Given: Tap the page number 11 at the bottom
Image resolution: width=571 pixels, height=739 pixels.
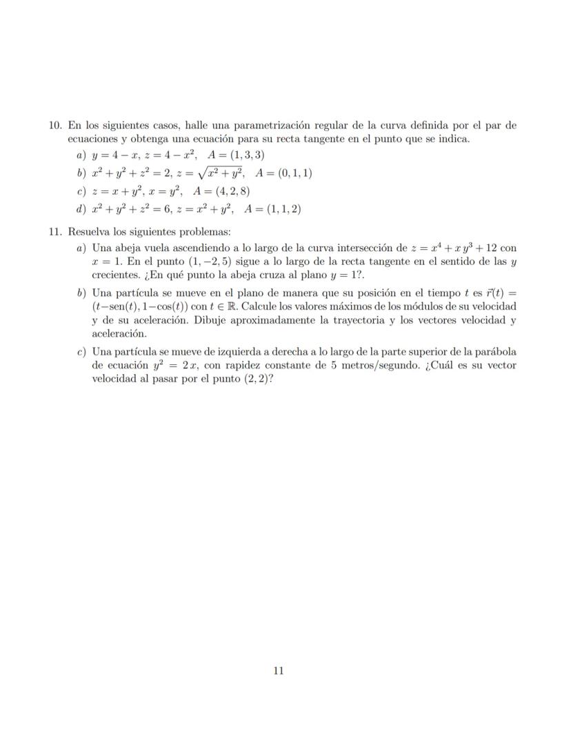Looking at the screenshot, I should (x=279, y=670).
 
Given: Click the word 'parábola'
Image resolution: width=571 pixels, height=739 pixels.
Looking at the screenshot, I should (x=496, y=352).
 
